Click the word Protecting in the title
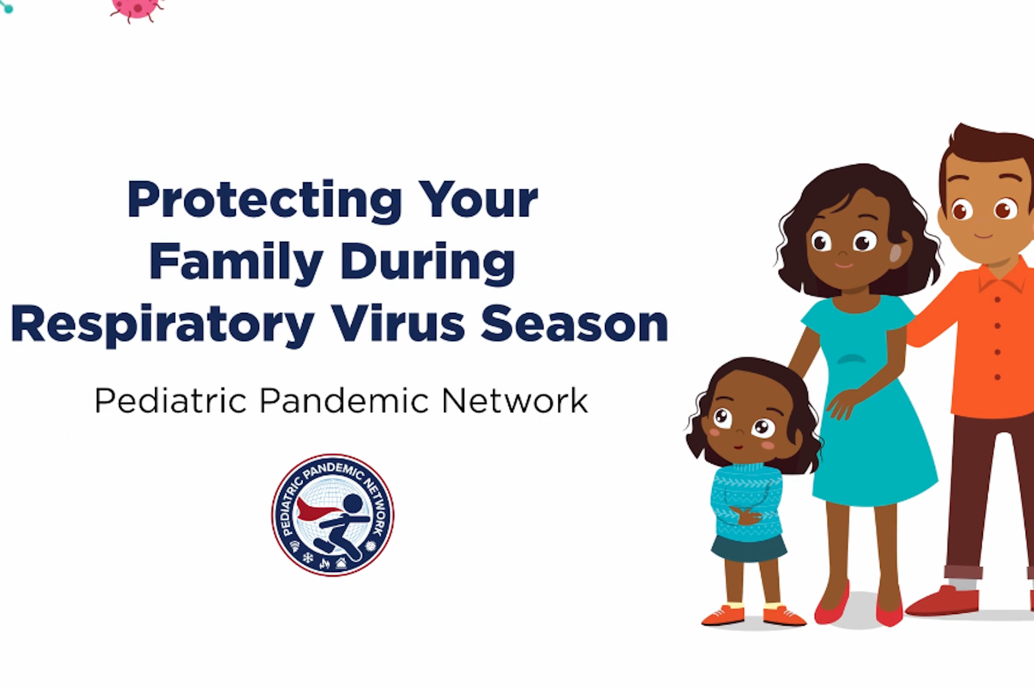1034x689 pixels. [x=264, y=202]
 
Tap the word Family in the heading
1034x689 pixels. [x=236, y=262]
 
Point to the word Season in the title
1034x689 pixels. [x=575, y=324]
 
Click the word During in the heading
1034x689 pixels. [x=428, y=262]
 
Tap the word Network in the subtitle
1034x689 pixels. [x=514, y=400]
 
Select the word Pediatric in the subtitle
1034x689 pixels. [x=171, y=400]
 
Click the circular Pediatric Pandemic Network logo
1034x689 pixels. [x=332, y=515]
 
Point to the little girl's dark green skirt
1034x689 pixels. [x=748, y=548]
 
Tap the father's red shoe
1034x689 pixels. [x=942, y=601]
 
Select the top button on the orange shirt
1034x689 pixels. [x=998, y=300]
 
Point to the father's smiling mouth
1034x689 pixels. [x=983, y=237]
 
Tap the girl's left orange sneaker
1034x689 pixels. [x=723, y=615]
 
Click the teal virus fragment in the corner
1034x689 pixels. [x=6, y=6]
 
